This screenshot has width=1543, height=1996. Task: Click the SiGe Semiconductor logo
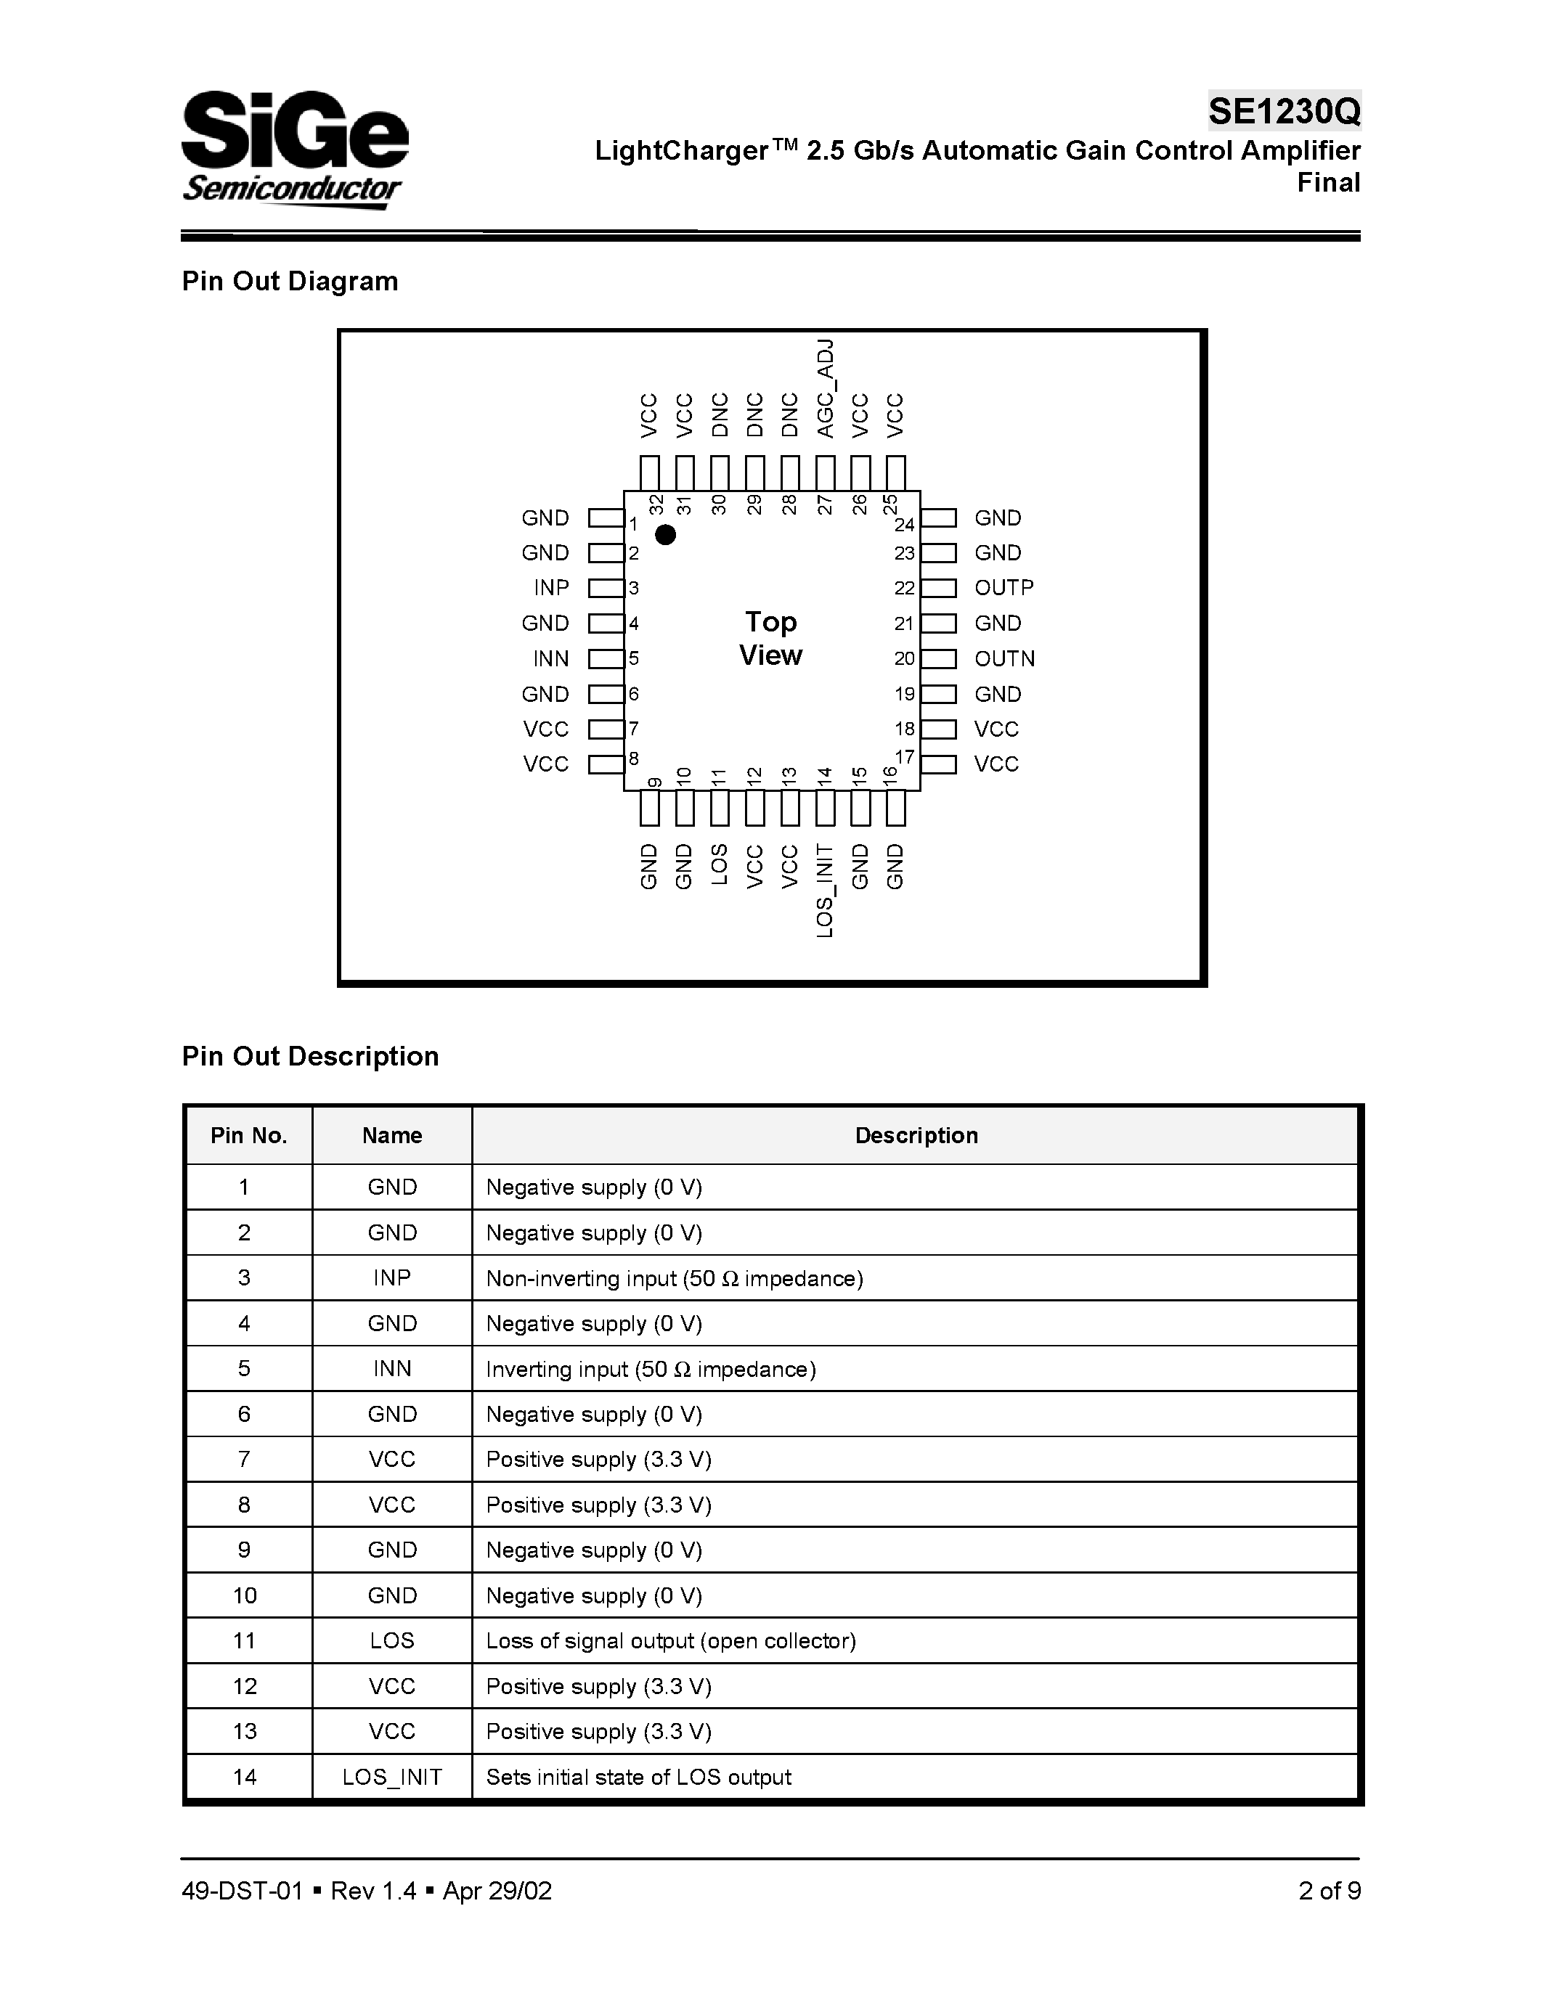click(294, 149)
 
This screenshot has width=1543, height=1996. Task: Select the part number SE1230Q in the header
click(1283, 112)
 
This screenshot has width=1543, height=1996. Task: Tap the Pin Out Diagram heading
click(290, 281)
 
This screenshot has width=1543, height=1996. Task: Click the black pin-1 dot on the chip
click(665, 535)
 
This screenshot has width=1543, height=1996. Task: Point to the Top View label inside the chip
click(770, 639)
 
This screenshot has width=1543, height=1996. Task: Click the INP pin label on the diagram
click(551, 588)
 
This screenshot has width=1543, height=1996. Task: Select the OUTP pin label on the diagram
click(1003, 588)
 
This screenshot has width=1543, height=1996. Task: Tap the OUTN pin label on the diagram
click(1005, 658)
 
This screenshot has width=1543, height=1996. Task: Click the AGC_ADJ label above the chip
click(826, 388)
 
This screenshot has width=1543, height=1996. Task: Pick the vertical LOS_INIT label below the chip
click(825, 890)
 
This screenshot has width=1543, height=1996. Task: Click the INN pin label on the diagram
click(551, 658)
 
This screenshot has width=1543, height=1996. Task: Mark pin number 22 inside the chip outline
click(904, 589)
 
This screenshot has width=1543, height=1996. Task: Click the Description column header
click(916, 1135)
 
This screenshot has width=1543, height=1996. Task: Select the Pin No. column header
click(248, 1135)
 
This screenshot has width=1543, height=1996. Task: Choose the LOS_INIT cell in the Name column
click(392, 1777)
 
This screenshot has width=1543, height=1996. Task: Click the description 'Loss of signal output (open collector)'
click(671, 1640)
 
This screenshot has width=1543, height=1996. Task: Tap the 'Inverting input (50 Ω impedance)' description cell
click(651, 1369)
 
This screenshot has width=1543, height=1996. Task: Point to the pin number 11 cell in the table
click(245, 1640)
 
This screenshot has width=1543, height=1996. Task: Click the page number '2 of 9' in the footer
click(1329, 1890)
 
